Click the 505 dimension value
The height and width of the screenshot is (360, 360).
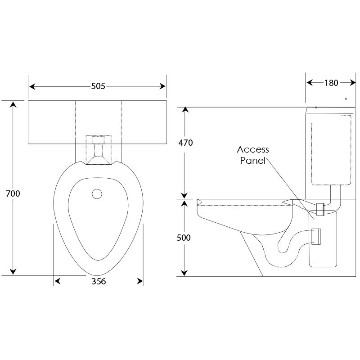(98, 86)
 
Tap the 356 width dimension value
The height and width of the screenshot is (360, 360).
(99, 282)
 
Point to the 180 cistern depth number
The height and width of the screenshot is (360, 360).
(331, 82)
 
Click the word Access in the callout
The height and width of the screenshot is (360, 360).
(253, 149)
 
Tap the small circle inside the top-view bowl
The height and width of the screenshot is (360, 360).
(97, 194)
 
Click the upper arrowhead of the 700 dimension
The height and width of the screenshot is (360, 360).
(13, 105)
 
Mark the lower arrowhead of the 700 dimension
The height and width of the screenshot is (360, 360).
(13, 271)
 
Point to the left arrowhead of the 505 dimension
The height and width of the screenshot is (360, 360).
(32, 86)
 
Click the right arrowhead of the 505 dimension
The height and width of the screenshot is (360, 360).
(163, 86)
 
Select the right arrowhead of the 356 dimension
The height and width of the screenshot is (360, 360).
(140, 282)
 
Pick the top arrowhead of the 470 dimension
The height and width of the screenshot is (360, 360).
(184, 110)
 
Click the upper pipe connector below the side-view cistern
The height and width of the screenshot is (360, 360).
(321, 209)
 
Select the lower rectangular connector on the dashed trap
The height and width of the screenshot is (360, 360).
(316, 236)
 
